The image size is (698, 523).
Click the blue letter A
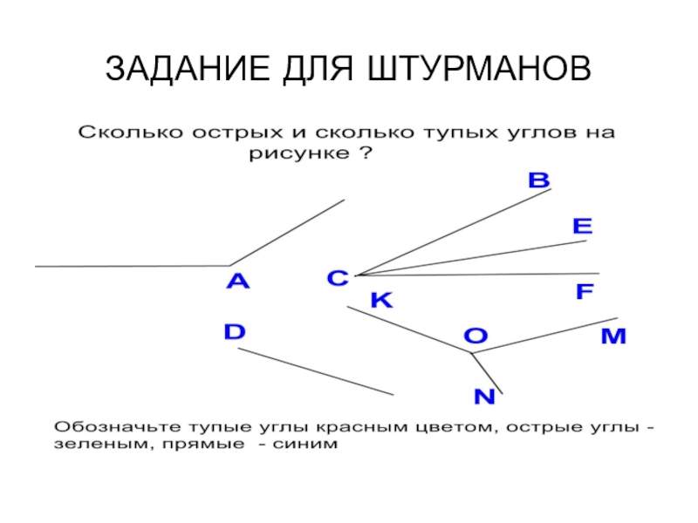[237, 282]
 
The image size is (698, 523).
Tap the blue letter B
[539, 181]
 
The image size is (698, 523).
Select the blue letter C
[338, 279]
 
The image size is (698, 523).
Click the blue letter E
[582, 227]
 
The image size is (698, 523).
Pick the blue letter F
[585, 292]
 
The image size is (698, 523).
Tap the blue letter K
[382, 301]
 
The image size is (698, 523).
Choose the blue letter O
[475, 336]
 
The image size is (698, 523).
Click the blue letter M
[612, 336]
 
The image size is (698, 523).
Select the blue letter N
[484, 397]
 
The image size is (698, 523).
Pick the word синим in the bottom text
[307, 445]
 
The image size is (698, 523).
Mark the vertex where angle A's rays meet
[229, 265]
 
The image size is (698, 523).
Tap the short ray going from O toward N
[487, 373]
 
